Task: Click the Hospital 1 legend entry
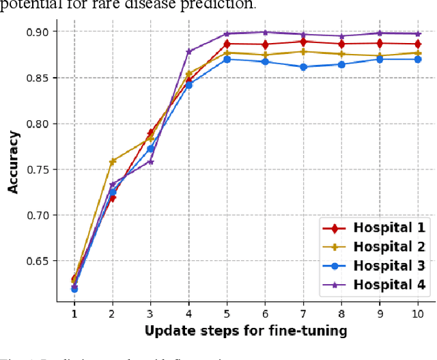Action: click(375, 228)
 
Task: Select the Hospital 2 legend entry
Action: click(375, 247)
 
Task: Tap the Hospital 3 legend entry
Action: click(375, 266)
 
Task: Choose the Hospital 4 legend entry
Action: click(375, 286)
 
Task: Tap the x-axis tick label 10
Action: click(416, 313)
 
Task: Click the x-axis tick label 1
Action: click(74, 313)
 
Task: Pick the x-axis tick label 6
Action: click(264, 313)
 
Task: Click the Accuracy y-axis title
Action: click(14, 161)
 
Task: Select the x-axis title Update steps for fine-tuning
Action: click(245, 331)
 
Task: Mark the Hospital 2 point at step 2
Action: click(113, 162)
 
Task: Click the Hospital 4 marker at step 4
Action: click(189, 51)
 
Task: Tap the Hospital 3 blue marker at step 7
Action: click(303, 67)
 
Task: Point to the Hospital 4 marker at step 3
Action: click(151, 162)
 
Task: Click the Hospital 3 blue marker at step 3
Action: click(151, 149)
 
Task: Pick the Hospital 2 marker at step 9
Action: click(379, 55)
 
